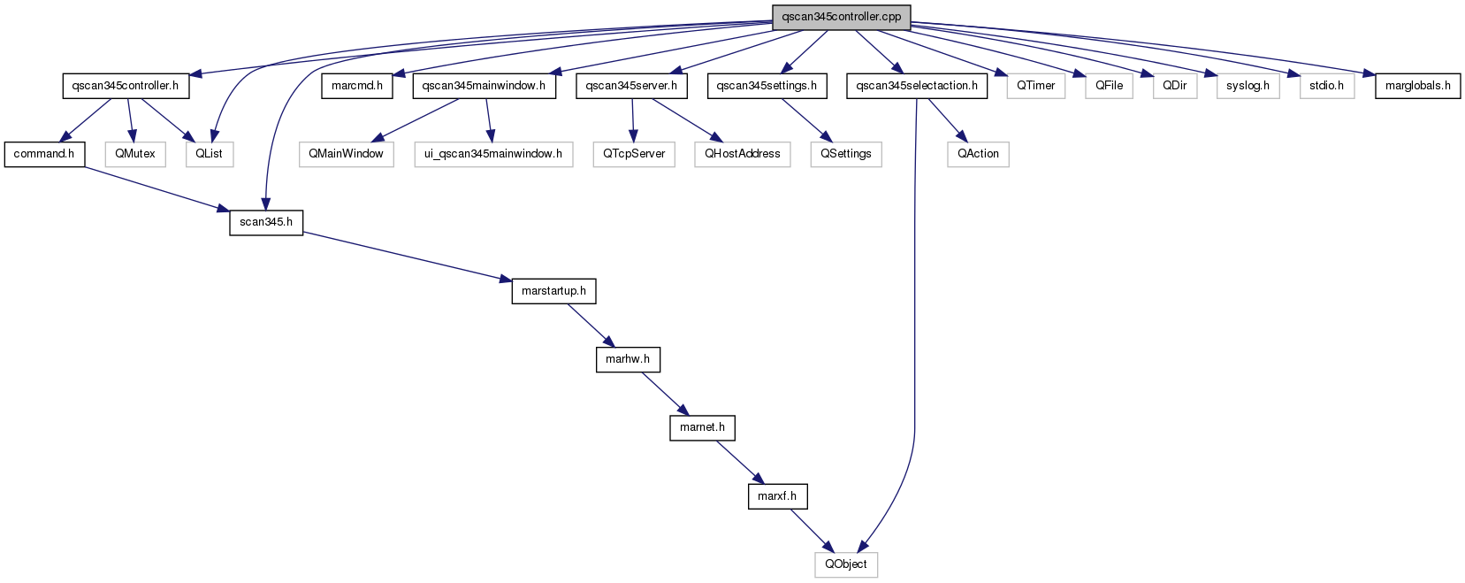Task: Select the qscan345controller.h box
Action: pos(126,87)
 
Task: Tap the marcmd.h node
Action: pos(356,87)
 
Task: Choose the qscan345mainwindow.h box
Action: pos(484,87)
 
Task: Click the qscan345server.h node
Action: pos(631,87)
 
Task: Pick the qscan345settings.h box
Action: pos(767,87)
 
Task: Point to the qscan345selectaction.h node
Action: pos(916,87)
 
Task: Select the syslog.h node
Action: pos(1248,87)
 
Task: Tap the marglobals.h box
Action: pos(1417,87)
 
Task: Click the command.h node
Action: pos(44,155)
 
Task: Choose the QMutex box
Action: pos(135,155)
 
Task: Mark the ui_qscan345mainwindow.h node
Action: pos(493,155)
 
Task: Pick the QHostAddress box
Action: pos(743,155)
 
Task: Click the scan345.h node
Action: pos(266,222)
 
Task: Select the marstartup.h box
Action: pos(553,290)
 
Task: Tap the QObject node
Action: pos(845,564)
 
